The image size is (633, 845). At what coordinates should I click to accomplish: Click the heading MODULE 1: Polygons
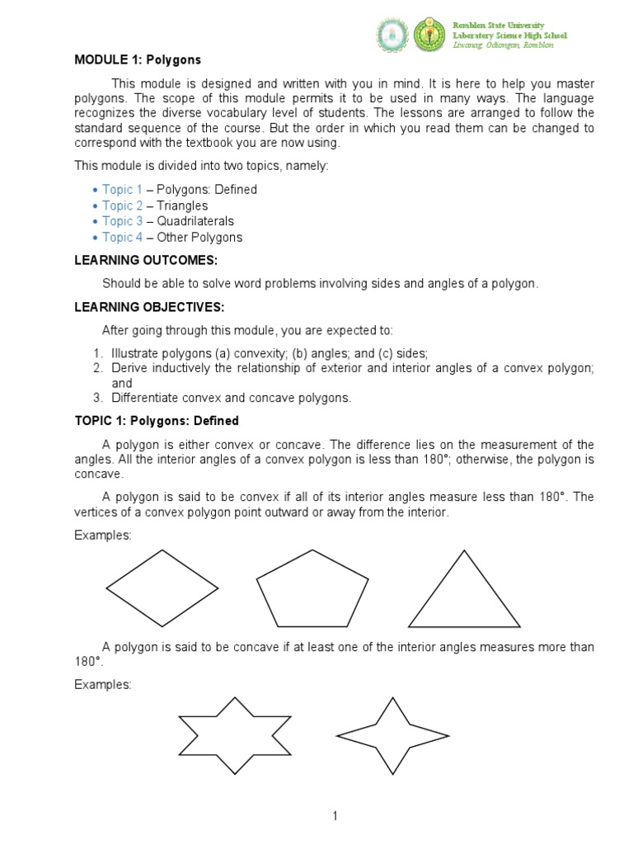tap(138, 60)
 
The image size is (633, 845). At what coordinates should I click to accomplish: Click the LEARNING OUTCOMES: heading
tap(146, 260)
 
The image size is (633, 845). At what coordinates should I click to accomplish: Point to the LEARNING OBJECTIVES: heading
tap(149, 308)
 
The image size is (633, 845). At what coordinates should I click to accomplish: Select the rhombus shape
tap(162, 588)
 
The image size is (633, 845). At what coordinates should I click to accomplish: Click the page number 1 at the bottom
tap(335, 816)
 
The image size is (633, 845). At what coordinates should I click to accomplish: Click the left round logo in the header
tap(392, 34)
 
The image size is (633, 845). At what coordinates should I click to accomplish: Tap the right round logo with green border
tap(430, 34)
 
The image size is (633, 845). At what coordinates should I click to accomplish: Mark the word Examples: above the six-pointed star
tap(103, 685)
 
